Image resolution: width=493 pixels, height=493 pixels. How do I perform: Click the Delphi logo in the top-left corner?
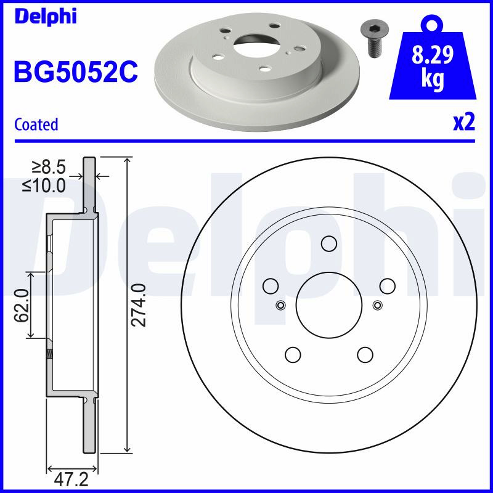(x=46, y=17)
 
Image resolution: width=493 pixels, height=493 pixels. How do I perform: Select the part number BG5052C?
(x=76, y=71)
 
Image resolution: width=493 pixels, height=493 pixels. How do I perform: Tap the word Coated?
(x=36, y=124)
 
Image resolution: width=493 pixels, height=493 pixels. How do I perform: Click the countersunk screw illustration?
(x=375, y=39)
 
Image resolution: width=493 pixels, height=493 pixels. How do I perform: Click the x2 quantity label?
(x=464, y=123)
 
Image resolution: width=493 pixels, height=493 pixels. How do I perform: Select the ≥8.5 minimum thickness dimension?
(x=49, y=167)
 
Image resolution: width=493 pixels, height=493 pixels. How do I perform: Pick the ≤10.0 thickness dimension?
(x=44, y=185)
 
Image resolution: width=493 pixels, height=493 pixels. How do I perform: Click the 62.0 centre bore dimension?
(x=22, y=306)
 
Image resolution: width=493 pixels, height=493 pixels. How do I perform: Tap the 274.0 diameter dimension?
(x=139, y=305)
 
